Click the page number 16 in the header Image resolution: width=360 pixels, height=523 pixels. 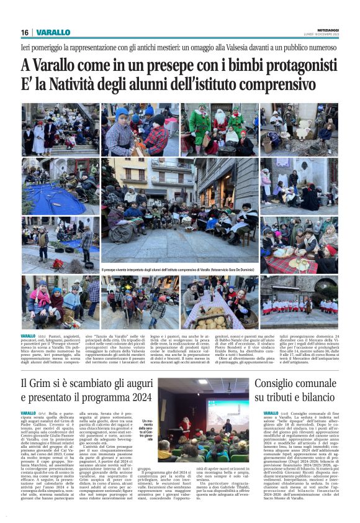(x=25, y=32)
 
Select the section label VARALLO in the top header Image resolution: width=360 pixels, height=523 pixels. (x=53, y=32)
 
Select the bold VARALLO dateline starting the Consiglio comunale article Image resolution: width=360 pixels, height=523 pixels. (x=271, y=413)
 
